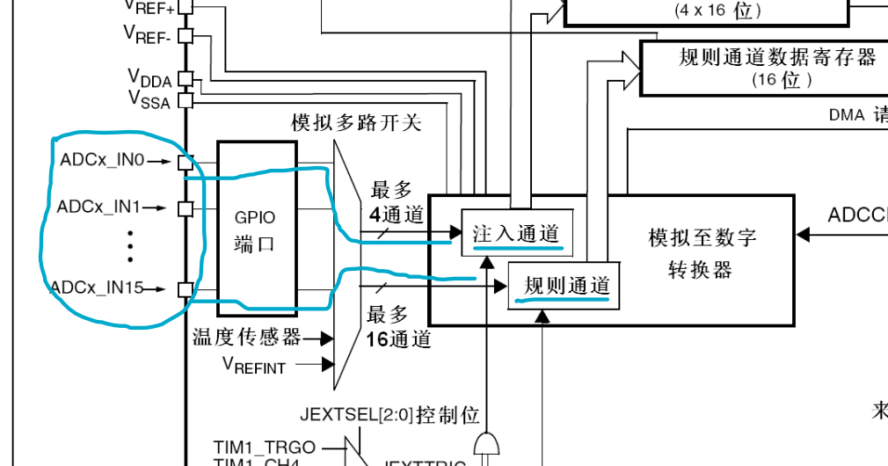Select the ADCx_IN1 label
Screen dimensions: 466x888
pyautogui.click(x=99, y=208)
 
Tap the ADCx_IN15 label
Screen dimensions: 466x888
pyautogui.click(x=97, y=288)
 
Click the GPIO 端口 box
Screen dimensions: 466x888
pyautogui.click(x=256, y=228)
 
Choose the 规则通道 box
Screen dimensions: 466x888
pyautogui.click(x=566, y=285)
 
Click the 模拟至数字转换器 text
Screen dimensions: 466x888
pyautogui.click(x=702, y=252)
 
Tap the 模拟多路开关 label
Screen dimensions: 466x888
pyautogui.click(x=357, y=122)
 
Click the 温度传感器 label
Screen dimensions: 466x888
pyautogui.click(x=247, y=338)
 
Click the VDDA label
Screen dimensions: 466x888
pyautogui.click(x=149, y=78)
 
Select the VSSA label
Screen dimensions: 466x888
pyautogui.click(x=149, y=98)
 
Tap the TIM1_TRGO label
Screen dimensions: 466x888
pyautogui.click(x=265, y=448)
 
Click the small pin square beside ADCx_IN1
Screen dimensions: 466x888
pyautogui.click(x=186, y=208)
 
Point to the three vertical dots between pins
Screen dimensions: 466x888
pyautogui.click(x=130, y=247)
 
